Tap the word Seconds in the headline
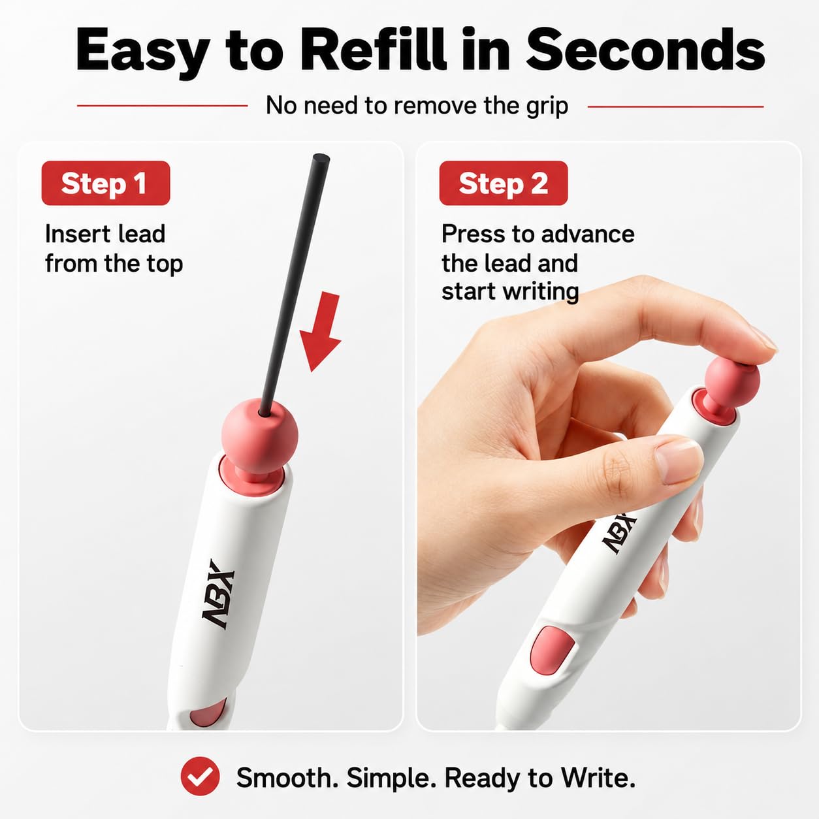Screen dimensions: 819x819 [x=645, y=50]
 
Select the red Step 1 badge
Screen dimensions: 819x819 [x=106, y=183]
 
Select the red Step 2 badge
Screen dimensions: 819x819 [x=504, y=183]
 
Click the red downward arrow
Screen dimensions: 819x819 [x=321, y=330]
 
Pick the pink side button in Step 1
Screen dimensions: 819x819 [x=208, y=713]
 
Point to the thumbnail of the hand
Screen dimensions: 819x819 [x=676, y=461]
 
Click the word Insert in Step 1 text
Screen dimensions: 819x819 [x=77, y=234]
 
